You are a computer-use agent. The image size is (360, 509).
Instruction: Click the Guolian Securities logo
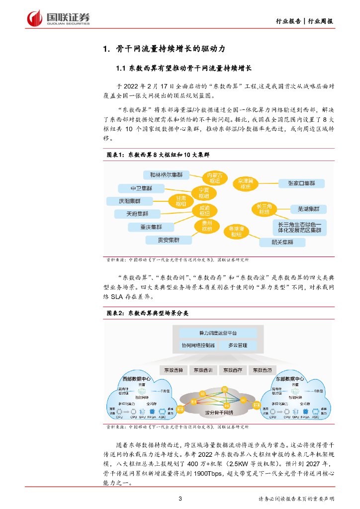(x=58, y=18)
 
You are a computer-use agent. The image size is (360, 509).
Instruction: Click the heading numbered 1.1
(x=184, y=68)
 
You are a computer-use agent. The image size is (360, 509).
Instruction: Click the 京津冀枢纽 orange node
(x=246, y=183)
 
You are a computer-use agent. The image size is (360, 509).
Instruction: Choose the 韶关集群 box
(x=283, y=243)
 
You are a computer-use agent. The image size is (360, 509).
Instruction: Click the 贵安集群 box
(x=169, y=240)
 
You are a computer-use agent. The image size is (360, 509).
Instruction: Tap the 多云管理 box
(x=238, y=345)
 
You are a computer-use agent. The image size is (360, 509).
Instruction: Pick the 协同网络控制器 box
(x=197, y=345)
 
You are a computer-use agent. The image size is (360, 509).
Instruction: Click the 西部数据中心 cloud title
(x=136, y=379)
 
